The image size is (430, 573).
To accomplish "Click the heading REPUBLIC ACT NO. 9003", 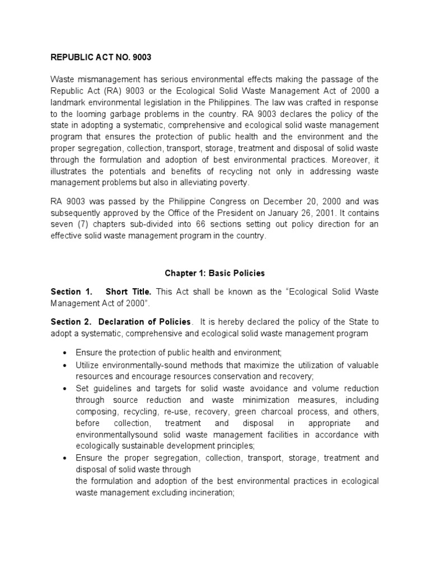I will [x=101, y=57].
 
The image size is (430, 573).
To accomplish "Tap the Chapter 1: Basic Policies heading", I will [x=214, y=274].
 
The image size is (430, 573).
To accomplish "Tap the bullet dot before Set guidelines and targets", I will [x=66, y=389].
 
